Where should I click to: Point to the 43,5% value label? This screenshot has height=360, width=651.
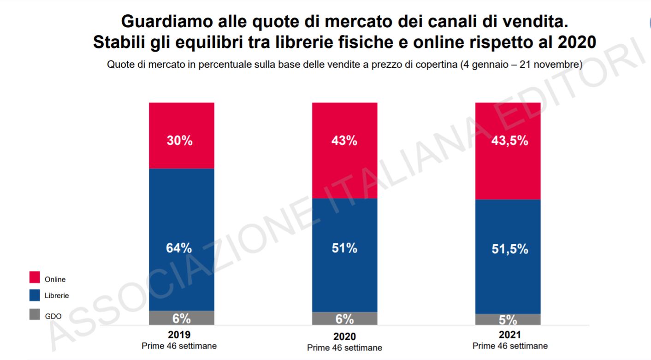click(509, 141)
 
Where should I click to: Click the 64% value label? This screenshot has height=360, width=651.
click(179, 248)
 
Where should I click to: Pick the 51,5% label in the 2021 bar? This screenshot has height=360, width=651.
click(509, 249)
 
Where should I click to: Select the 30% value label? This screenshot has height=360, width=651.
click(179, 141)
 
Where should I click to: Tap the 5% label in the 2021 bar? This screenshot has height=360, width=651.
click(508, 320)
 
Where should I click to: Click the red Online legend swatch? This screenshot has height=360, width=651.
click(35, 277)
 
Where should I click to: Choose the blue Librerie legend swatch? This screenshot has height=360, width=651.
click(35, 295)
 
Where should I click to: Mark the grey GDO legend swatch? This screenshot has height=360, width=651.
click(35, 315)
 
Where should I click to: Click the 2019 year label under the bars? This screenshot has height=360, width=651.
click(179, 335)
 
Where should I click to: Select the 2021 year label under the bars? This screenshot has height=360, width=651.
click(509, 335)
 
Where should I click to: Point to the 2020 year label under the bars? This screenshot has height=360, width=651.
click(344, 336)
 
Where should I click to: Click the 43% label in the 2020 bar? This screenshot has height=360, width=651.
click(344, 141)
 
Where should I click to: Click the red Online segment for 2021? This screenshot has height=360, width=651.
click(508, 175)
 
